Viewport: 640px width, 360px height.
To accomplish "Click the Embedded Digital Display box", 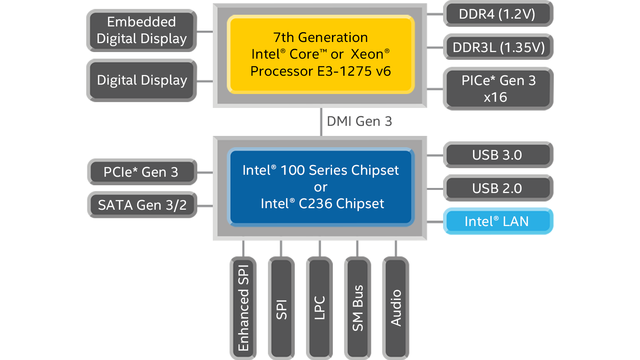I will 141,30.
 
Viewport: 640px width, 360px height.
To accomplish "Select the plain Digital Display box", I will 141,80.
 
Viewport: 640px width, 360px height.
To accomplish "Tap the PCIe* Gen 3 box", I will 141,172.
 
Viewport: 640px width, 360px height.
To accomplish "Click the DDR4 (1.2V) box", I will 497,14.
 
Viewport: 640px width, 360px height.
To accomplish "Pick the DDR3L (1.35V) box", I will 498,47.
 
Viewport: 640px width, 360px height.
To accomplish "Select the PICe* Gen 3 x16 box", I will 498,89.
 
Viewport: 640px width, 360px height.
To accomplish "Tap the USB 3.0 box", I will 497,155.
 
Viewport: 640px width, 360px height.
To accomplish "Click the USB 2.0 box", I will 497,188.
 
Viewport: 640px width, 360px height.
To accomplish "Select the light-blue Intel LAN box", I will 497,221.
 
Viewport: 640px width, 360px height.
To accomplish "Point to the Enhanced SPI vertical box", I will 243,308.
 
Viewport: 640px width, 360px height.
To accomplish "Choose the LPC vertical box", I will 319,308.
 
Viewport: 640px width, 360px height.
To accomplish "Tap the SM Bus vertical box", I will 358,308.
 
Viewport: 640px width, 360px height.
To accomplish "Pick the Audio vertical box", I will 396,308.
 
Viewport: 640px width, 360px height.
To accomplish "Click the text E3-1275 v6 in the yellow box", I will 354,71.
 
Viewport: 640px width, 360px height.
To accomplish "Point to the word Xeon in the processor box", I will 367,54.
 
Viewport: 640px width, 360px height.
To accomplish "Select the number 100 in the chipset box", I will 292,170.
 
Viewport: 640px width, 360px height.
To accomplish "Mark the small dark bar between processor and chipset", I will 359,121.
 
